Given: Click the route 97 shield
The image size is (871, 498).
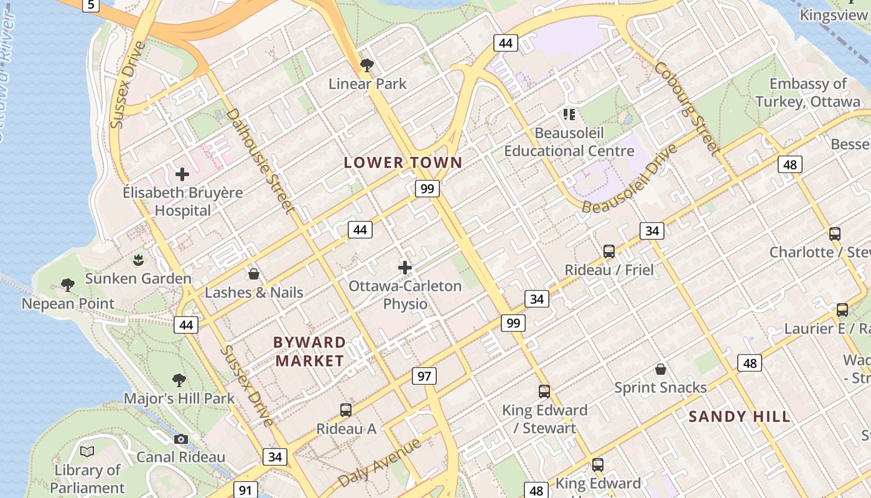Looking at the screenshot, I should pyautogui.click(x=424, y=376).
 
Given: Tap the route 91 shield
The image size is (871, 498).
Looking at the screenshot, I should pyautogui.click(x=245, y=490).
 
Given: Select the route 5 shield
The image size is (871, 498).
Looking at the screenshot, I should pyautogui.click(x=91, y=5).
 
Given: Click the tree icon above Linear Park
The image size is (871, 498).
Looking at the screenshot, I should pyautogui.click(x=367, y=65).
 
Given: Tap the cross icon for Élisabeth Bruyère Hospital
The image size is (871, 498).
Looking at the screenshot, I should pyautogui.click(x=182, y=174).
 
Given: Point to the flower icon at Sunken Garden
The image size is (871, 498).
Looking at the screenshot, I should pyautogui.click(x=138, y=260).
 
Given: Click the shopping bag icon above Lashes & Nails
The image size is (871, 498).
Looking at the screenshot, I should pyautogui.click(x=254, y=274).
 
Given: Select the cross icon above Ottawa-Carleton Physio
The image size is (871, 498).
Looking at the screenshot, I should pyautogui.click(x=405, y=268).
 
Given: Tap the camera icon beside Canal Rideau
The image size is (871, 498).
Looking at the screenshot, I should pyautogui.click(x=181, y=439).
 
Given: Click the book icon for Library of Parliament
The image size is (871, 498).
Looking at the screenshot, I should pyautogui.click(x=87, y=451).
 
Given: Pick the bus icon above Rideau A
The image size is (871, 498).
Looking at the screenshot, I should pyautogui.click(x=346, y=410).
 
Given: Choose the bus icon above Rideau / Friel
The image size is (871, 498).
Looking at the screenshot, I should pyautogui.click(x=609, y=251).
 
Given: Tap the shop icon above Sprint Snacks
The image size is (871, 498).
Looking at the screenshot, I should pyautogui.click(x=661, y=369).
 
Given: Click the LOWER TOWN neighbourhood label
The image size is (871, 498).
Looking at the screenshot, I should pyautogui.click(x=403, y=162).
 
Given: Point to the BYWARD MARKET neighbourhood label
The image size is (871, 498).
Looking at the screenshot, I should pyautogui.click(x=310, y=351).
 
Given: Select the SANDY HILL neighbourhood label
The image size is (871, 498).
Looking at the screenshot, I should pyautogui.click(x=739, y=416).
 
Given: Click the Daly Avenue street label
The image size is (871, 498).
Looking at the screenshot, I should pyautogui.click(x=380, y=463).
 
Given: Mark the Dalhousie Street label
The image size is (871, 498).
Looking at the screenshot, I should pyautogui.click(x=260, y=160).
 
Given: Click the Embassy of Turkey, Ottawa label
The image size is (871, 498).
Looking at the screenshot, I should pyautogui.click(x=808, y=93).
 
